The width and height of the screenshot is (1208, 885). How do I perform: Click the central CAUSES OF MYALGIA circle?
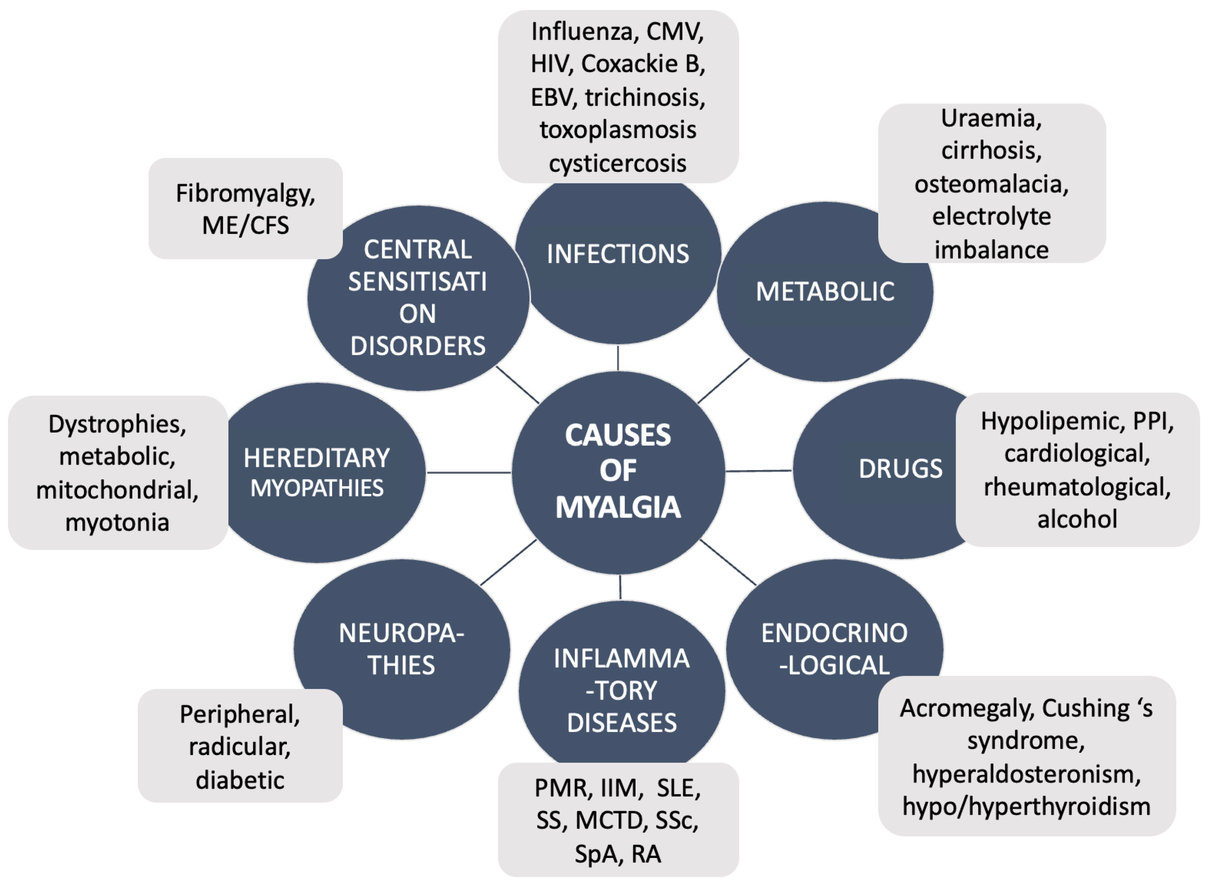point(618,472)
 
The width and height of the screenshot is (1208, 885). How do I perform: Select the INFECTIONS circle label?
point(618,254)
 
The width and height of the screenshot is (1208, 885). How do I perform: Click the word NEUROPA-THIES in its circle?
point(401,649)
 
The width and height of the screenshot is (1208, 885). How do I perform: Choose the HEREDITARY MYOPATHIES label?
point(317,473)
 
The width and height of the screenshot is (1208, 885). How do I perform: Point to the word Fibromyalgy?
point(245,194)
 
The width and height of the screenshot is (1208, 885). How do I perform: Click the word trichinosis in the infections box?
point(645,97)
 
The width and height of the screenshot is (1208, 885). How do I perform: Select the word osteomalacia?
point(991,184)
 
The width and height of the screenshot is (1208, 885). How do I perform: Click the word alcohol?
point(1077,519)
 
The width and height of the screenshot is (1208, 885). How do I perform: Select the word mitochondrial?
point(117,490)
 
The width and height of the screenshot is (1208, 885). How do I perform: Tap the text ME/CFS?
point(245,226)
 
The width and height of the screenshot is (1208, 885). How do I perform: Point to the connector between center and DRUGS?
point(758,471)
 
